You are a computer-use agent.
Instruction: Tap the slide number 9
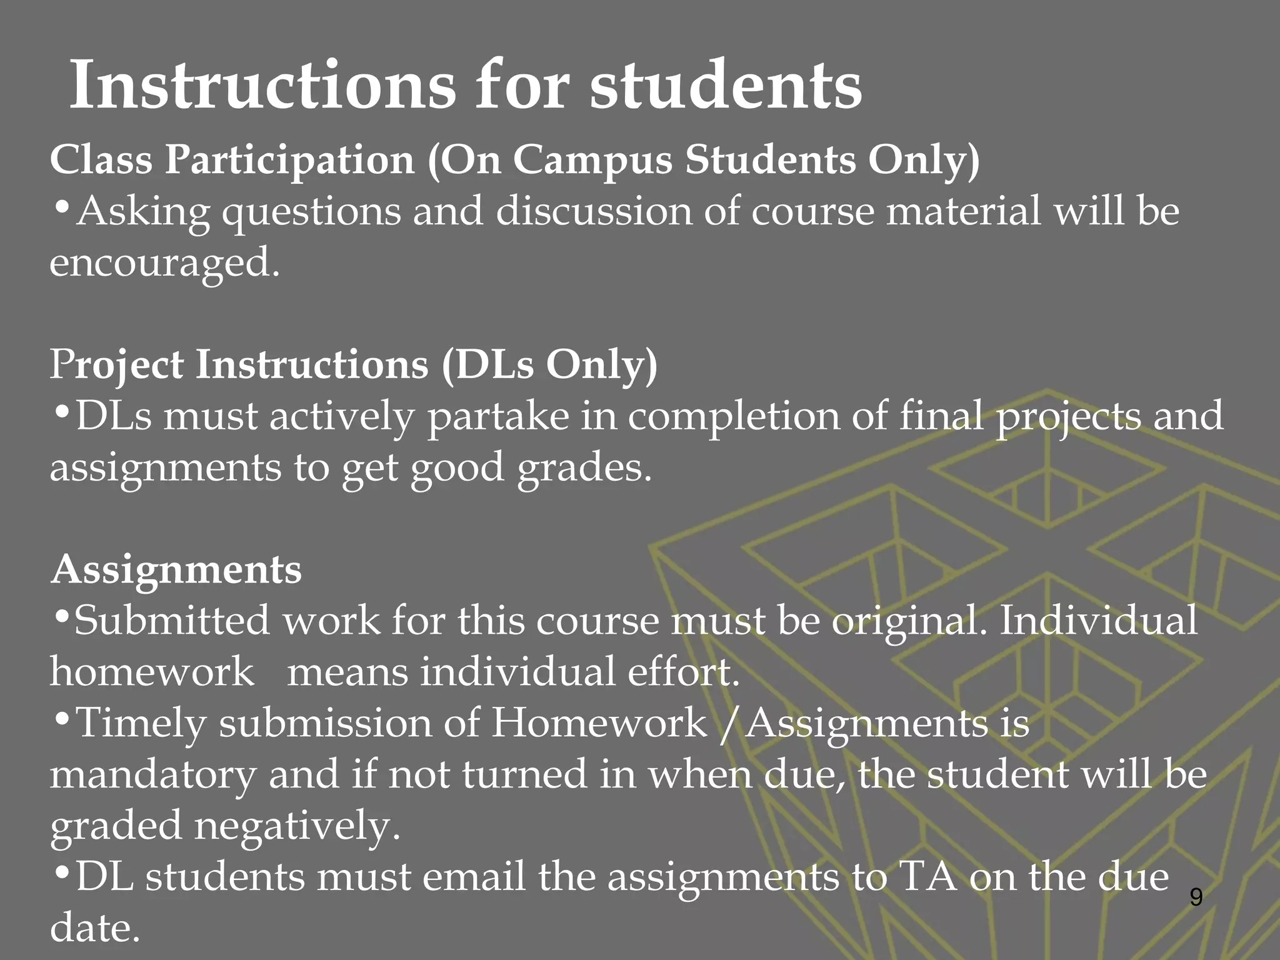tap(1196, 897)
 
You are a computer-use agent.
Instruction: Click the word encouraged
tap(164, 262)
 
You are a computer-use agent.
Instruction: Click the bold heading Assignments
tap(176, 570)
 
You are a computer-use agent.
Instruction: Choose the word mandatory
tap(153, 774)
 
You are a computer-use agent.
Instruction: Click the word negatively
tap(297, 826)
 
